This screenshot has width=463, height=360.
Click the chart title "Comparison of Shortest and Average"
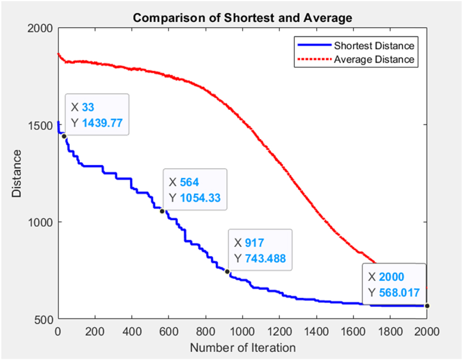tap(242, 18)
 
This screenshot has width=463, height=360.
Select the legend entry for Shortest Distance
tap(374, 46)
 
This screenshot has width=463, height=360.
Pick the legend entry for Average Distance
tap(374, 59)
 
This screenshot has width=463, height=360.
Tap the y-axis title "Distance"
tap(17, 173)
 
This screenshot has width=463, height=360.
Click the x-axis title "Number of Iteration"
tap(242, 348)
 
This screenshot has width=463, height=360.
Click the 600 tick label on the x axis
tap(168, 331)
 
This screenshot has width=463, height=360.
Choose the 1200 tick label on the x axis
tap(279, 331)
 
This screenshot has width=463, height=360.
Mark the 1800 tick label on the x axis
tap(390, 331)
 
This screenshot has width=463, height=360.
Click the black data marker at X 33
tap(64, 136)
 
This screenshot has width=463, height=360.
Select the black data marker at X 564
tap(162, 211)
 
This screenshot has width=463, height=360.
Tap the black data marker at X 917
tap(227, 271)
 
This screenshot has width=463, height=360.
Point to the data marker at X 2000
tap(427, 306)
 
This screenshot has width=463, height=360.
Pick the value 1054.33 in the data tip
tap(200, 197)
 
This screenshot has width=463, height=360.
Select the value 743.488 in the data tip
tap(266, 258)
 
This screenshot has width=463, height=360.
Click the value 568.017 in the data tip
tap(399, 292)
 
